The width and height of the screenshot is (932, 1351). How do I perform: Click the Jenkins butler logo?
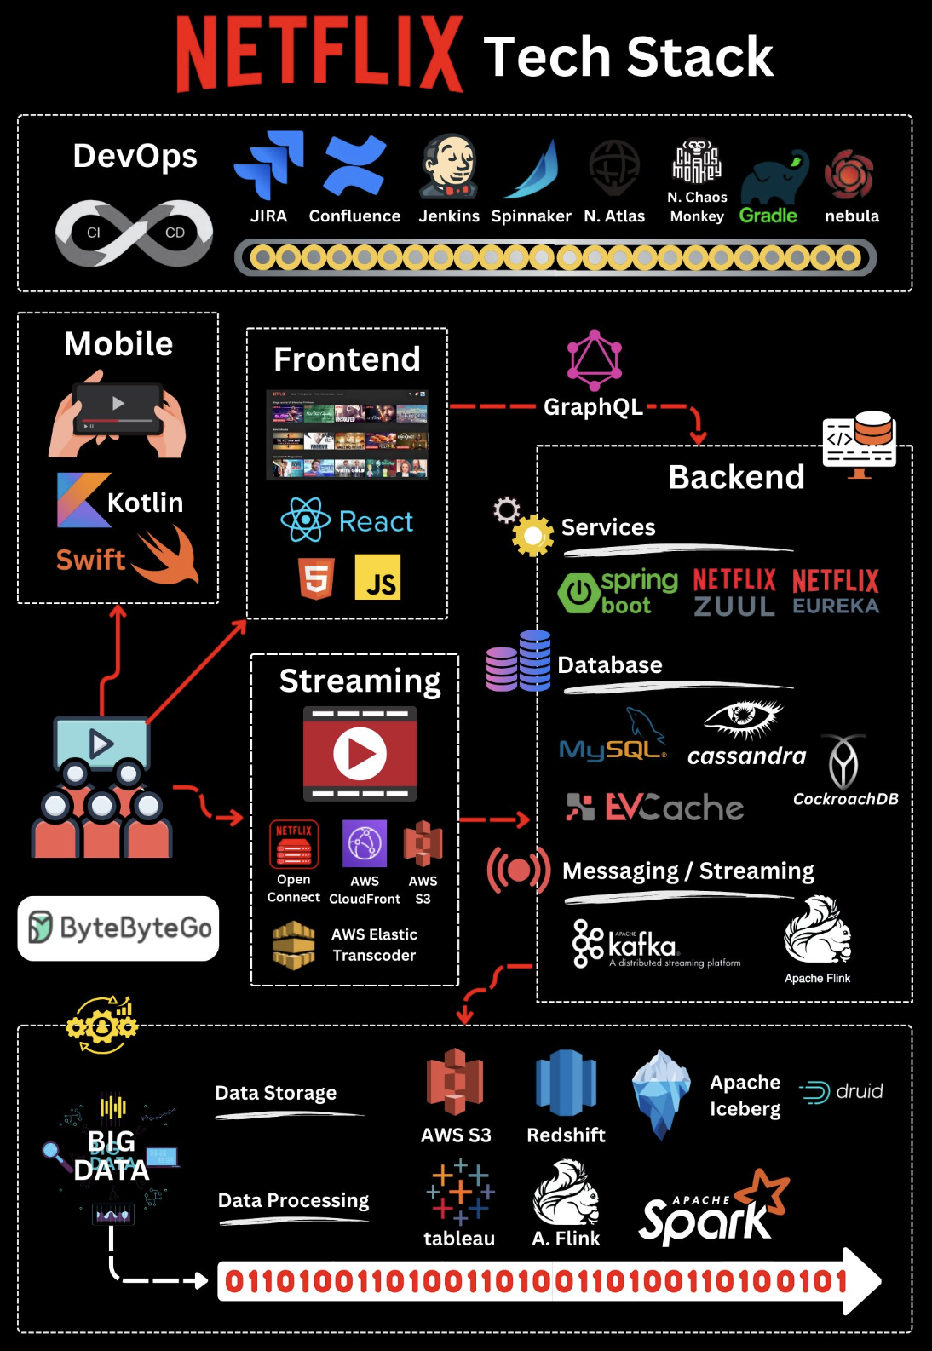449,166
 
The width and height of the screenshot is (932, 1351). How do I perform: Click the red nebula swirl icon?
849,175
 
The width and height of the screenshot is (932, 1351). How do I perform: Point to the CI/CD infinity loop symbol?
134,233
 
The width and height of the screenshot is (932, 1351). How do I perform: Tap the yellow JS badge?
377,578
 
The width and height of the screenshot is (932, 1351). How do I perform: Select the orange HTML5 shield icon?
316,578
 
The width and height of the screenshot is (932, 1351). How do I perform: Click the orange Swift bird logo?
167,555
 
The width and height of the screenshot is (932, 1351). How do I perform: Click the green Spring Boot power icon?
578,593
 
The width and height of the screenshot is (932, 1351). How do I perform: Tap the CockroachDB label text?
845,799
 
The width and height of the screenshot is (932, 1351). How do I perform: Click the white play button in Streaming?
360,753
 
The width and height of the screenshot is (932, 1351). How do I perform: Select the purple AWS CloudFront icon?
365,843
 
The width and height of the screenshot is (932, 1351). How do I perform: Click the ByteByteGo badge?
118,928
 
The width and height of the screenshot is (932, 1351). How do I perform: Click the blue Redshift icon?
566,1083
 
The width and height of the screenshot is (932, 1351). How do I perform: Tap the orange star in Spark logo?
764,1193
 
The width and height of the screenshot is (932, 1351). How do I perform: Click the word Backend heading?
736,477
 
